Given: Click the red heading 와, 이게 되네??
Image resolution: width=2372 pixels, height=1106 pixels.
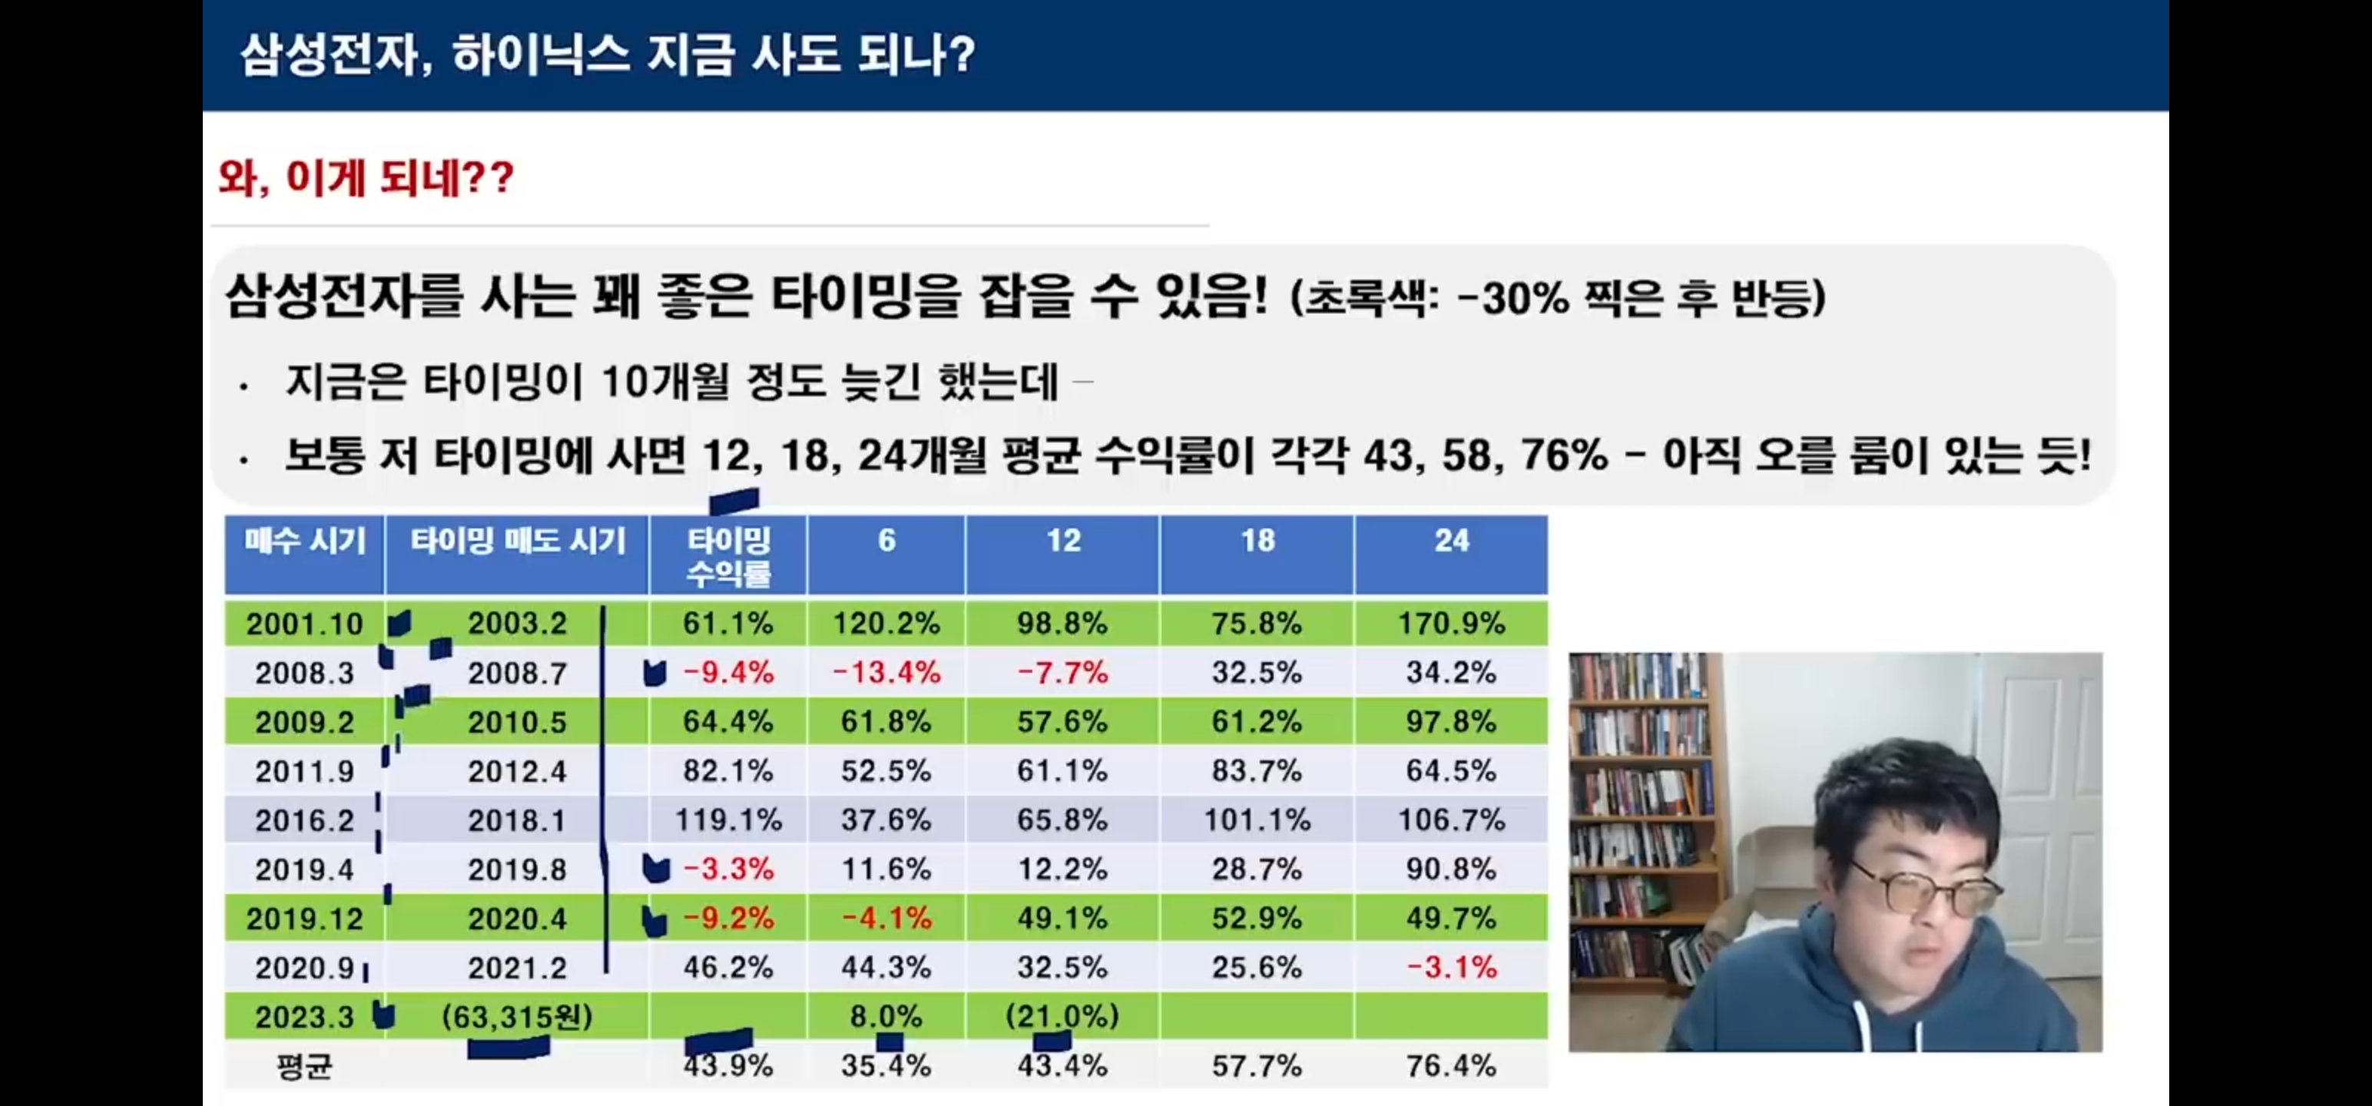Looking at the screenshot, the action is [x=366, y=177].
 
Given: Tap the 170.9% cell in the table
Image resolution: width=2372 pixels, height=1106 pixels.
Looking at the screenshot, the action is [x=1451, y=624].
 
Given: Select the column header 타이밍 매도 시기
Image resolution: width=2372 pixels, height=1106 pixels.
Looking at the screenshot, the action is [x=518, y=541].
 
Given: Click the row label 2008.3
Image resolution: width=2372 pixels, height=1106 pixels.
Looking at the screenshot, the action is [x=305, y=673].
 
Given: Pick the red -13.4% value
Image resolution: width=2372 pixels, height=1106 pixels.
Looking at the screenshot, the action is [x=886, y=673].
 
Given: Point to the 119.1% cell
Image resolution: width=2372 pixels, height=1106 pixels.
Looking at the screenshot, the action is [x=728, y=820].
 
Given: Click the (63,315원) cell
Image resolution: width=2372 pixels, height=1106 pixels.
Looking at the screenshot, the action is [x=518, y=1017].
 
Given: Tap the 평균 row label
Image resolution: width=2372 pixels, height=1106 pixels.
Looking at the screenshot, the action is [x=305, y=1066].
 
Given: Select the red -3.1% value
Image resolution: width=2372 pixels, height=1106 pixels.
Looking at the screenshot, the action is [x=1452, y=968].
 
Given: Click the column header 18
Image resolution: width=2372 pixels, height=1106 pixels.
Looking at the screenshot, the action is [x=1258, y=541].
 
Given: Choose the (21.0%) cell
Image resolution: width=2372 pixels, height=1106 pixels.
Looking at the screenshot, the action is [x=1062, y=1017].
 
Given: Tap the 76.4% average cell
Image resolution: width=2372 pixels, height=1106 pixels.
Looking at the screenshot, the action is [x=1451, y=1066].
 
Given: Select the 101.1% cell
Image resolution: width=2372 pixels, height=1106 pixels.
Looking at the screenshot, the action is [x=1258, y=820].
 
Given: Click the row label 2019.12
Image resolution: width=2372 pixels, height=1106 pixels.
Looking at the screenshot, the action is [x=305, y=919].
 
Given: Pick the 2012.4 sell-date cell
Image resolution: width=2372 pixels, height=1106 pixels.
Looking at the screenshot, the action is [x=518, y=771].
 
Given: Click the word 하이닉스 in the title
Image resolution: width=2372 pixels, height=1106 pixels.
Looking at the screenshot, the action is [x=542, y=55].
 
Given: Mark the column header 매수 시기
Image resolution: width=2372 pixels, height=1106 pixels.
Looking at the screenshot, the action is [x=305, y=541].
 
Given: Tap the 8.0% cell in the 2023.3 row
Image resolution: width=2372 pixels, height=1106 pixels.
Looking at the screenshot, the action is [x=886, y=1017].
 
